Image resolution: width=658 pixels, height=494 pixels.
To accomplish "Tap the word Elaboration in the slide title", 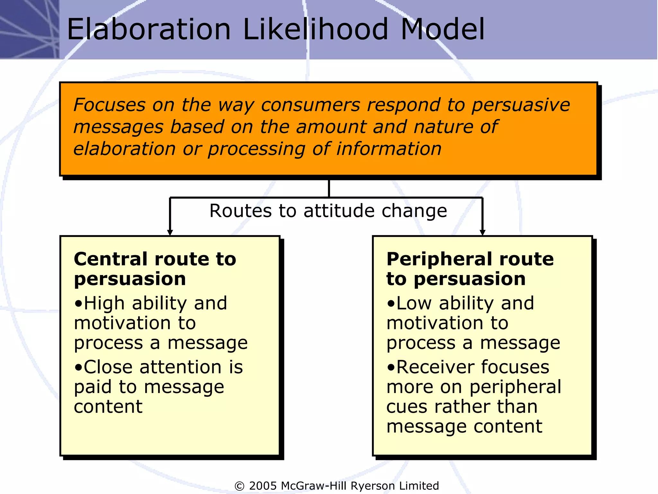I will (149, 30).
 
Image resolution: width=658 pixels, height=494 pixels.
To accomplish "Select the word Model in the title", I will (443, 30).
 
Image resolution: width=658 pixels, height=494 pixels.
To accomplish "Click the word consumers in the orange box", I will (310, 105).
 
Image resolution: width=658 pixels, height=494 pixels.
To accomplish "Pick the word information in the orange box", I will (389, 149).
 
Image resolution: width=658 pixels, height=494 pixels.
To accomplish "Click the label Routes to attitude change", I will (328, 211).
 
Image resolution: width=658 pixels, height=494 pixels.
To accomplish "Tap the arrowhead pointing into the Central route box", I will (170, 232).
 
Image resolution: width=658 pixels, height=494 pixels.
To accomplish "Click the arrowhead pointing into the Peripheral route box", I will (482, 232).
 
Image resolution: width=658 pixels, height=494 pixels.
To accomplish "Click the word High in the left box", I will (104, 303).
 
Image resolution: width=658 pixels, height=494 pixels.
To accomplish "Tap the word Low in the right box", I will (414, 303).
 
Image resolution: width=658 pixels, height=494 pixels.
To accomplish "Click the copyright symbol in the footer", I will (239, 486).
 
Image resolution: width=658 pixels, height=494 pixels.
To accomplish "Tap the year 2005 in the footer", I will (262, 486).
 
